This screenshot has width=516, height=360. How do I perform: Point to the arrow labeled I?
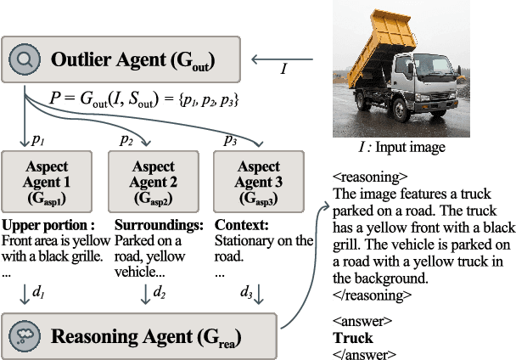coord(285,60)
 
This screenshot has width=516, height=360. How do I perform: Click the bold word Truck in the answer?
coord(353,337)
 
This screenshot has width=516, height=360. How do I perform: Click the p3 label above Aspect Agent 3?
coord(230,139)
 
